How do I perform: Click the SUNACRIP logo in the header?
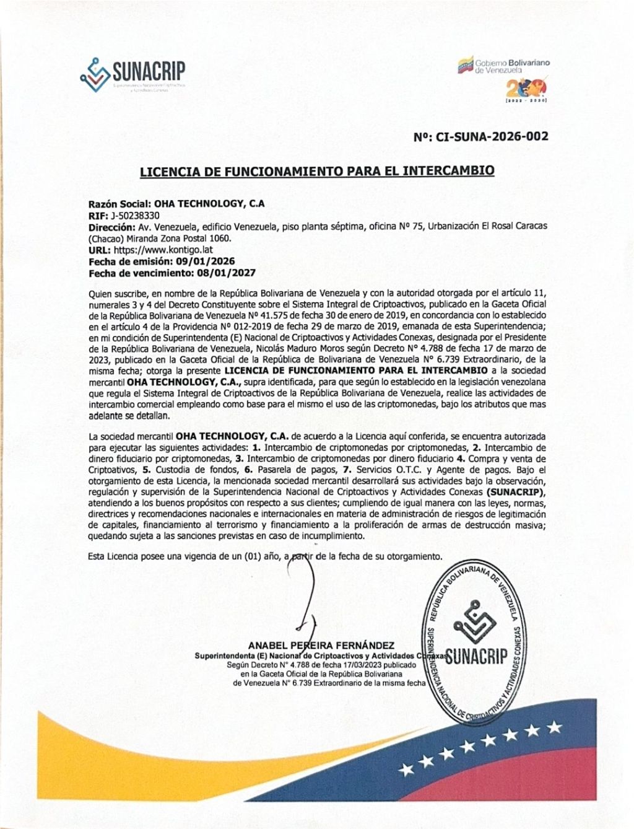coord(133,72)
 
